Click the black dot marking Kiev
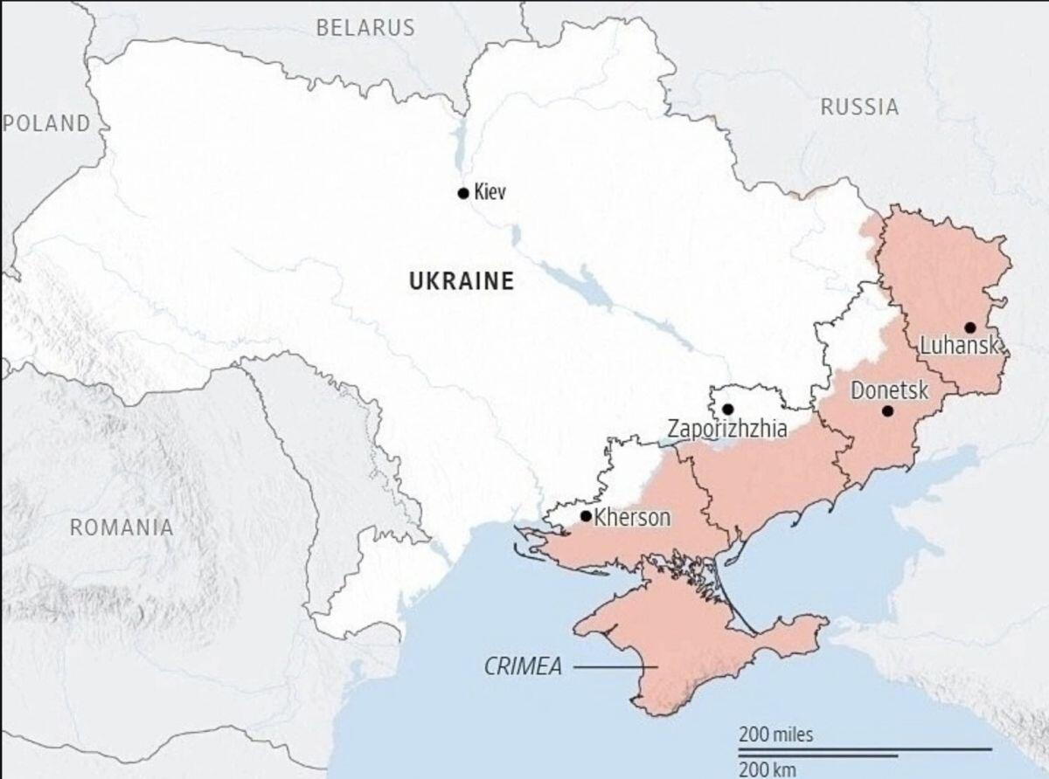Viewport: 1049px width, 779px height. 463,193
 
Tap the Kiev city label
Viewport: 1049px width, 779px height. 490,193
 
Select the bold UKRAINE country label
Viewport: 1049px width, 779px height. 462,281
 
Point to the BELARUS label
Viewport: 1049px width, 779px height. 365,28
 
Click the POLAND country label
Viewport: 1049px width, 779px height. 47,123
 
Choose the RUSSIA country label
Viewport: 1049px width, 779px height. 859,107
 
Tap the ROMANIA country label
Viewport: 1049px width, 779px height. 122,527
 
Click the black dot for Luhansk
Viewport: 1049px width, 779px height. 970,327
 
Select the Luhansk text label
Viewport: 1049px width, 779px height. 959,347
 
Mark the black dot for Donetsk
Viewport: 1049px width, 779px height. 887,410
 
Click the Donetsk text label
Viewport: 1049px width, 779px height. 889,390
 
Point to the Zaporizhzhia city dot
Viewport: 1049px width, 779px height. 728,409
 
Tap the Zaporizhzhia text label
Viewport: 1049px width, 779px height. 727,429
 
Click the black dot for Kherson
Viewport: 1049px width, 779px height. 586,516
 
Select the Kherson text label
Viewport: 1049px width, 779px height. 632,518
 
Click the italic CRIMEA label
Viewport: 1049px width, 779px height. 522,668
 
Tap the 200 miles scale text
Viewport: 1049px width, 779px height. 775,734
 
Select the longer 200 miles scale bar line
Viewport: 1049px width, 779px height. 865,748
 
